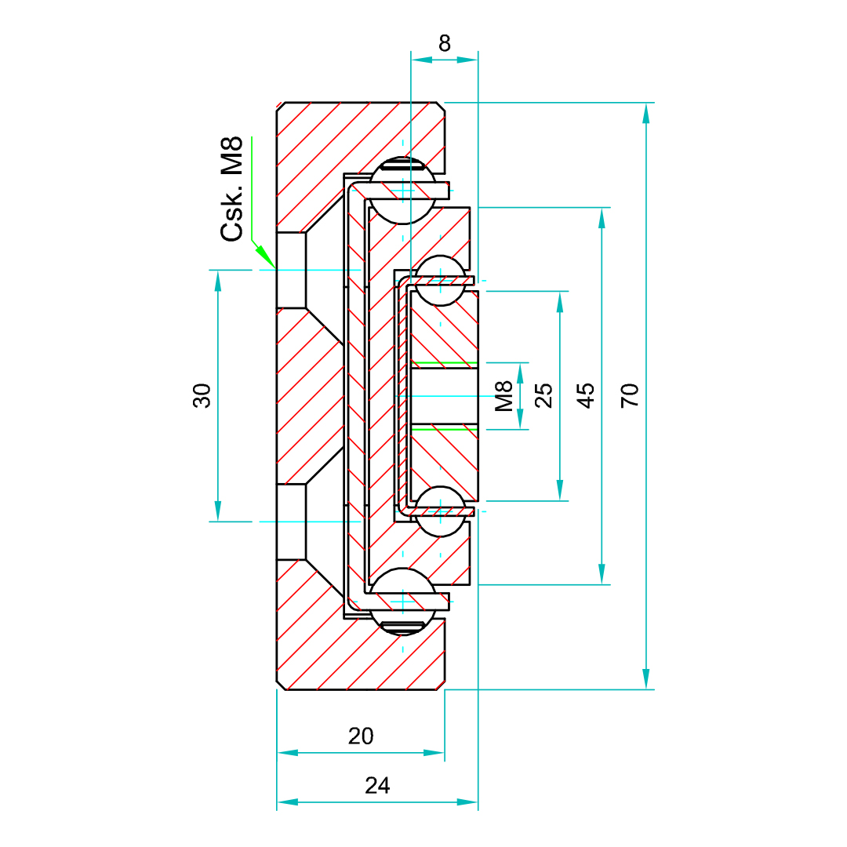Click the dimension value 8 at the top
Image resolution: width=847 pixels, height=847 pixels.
(445, 43)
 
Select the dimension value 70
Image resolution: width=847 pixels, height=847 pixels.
(630, 394)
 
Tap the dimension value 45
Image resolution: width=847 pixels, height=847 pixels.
(586, 394)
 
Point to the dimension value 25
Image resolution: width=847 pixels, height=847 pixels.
(543, 394)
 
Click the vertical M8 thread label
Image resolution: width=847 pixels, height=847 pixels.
(503, 396)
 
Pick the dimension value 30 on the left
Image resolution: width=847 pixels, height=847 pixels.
(202, 395)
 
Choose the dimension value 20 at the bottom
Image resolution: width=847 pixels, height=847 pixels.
(361, 736)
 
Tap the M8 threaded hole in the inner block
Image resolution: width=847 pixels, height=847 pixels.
(444, 395)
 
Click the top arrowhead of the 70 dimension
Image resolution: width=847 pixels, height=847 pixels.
(646, 113)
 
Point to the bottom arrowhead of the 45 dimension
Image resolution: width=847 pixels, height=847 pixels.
(602, 575)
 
